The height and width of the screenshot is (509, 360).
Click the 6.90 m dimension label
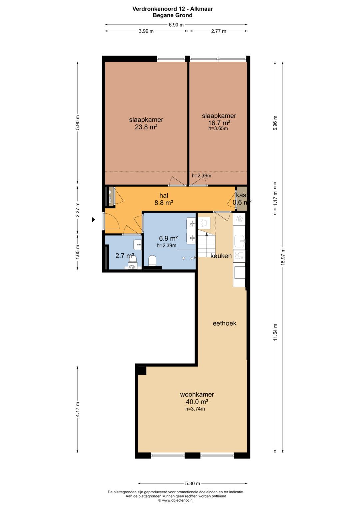[176, 25]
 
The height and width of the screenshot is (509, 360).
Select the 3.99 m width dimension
[146, 31]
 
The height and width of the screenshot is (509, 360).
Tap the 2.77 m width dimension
[219, 31]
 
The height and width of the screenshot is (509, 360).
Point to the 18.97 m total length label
[283, 257]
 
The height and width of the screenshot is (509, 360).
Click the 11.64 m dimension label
[275, 332]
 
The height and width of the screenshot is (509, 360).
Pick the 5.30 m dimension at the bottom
[193, 483]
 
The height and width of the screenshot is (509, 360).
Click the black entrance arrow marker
[93, 220]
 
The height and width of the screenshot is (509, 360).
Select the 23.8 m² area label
[146, 127]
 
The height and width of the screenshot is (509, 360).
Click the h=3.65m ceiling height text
[218, 128]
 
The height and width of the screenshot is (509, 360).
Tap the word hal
[164, 195]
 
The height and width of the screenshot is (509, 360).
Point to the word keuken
[221, 256]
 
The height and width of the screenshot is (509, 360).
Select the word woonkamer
[197, 394]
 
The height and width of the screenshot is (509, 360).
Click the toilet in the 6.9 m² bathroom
[152, 261]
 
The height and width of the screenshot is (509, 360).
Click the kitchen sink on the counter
[239, 240]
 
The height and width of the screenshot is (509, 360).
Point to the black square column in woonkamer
[142, 371]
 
